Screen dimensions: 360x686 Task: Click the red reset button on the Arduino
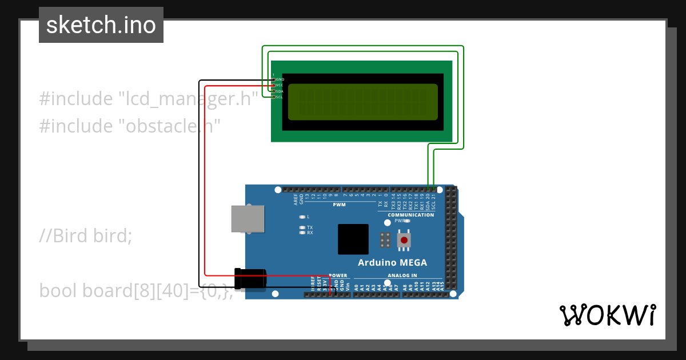[404, 240]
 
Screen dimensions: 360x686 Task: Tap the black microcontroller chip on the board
[353, 239]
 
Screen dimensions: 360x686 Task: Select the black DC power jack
[251, 279]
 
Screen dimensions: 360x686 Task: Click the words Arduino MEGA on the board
[392, 263]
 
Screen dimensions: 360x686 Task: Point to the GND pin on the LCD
[274, 79]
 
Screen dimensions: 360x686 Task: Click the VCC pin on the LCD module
[274, 85]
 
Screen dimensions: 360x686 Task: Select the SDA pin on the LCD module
[274, 91]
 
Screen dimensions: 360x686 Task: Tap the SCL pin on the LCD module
[274, 97]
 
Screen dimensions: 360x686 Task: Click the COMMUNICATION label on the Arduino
[410, 215]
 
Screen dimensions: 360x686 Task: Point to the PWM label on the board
[339, 205]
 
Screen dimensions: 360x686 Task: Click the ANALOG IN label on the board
[402, 275]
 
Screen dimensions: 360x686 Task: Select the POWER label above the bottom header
[338, 275]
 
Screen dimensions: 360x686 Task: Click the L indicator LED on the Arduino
[302, 217]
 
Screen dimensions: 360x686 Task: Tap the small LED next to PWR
[407, 221]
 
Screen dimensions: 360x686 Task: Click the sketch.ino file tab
[101, 25]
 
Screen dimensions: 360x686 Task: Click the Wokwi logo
[607, 315]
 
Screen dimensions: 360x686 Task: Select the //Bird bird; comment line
[86, 235]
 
